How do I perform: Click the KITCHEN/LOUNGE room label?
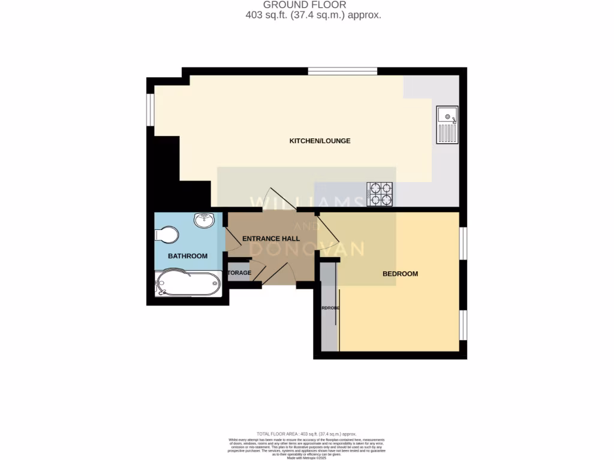click(x=320, y=141)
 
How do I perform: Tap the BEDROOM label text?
click(x=400, y=274)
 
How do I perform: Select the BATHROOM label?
click(x=187, y=256)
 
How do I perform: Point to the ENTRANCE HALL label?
click(x=270, y=238)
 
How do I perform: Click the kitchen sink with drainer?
click(x=447, y=125)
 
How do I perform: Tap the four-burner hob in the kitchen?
click(x=380, y=193)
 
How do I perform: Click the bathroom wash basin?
click(x=204, y=220)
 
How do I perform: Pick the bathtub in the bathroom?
click(x=188, y=283)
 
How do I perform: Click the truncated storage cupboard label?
click(x=239, y=273)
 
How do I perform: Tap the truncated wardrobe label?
click(x=330, y=307)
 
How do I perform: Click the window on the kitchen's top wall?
click(x=342, y=71)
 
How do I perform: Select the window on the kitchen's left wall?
click(x=151, y=110)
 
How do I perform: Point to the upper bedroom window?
click(x=463, y=243)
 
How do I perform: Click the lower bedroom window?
click(x=463, y=325)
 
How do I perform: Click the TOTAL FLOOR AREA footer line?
click(x=306, y=434)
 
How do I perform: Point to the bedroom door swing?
click(x=329, y=228)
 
